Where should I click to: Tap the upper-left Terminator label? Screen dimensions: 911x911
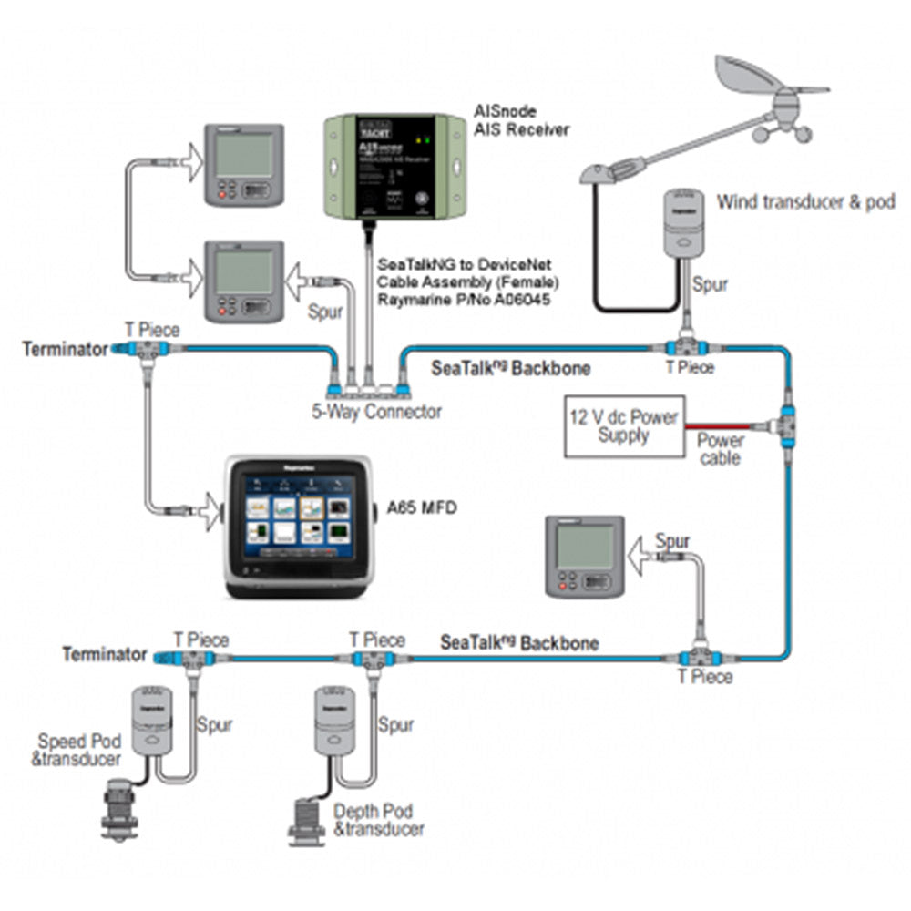[65, 349]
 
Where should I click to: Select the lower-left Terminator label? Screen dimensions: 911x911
[105, 654]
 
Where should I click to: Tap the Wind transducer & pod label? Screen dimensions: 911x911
[806, 201]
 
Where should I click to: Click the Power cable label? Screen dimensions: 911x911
[721, 449]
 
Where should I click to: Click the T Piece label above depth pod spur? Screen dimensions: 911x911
[377, 640]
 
